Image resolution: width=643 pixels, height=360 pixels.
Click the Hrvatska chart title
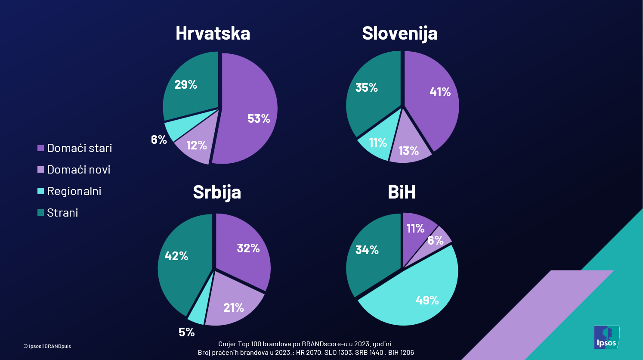coord(213,34)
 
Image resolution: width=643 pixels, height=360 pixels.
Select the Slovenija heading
coord(399,34)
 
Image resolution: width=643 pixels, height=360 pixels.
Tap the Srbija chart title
coord(216,192)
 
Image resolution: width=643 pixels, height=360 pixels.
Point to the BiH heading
coord(401,192)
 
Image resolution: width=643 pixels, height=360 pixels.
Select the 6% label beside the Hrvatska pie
coord(159,140)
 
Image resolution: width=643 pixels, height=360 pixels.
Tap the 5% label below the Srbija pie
coord(187,332)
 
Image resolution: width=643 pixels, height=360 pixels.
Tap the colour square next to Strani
coord(41,212)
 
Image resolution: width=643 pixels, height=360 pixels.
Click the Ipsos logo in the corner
coord(606,337)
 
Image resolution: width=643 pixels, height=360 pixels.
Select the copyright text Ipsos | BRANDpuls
coord(47,346)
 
